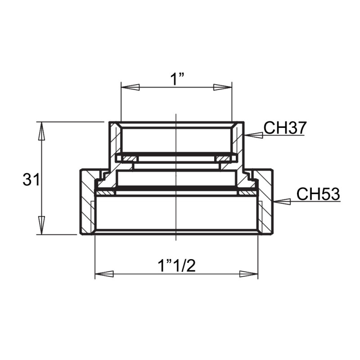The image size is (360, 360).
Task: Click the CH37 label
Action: click(x=284, y=128)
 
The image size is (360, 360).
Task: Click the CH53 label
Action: click(x=318, y=195)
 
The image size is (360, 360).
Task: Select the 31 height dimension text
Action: click(x=31, y=180)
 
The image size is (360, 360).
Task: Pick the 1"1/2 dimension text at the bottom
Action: click(x=176, y=266)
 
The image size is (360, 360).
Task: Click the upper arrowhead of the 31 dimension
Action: click(x=41, y=131)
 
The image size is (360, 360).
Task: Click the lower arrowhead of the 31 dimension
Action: click(x=41, y=225)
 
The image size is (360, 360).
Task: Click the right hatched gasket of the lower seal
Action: click(x=247, y=193)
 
